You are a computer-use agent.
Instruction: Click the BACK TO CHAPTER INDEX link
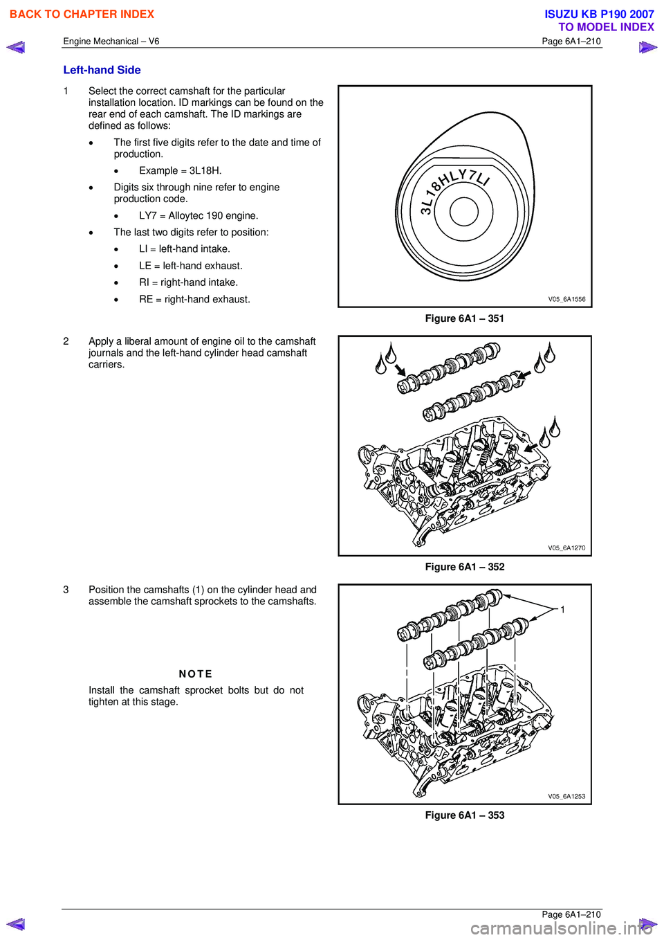[82, 15]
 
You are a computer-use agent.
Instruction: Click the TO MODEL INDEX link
[606, 27]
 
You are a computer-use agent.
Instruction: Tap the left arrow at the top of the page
[16, 48]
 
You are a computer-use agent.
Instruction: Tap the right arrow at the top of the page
[647, 48]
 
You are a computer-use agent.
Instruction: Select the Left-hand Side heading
[102, 70]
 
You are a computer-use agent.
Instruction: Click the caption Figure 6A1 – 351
[464, 318]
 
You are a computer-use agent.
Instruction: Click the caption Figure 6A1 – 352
[464, 567]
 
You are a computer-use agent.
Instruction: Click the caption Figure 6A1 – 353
[464, 815]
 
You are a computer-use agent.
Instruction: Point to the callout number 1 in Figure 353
[562, 610]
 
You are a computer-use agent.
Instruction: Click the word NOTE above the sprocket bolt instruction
[196, 674]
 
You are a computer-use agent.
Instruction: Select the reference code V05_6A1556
[566, 300]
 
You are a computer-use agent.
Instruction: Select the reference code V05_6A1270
[566, 548]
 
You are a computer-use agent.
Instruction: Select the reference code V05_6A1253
[566, 797]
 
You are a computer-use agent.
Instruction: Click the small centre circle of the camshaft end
[463, 212]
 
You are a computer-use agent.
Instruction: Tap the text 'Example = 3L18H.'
[180, 171]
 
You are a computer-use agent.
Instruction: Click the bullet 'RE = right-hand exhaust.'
[194, 300]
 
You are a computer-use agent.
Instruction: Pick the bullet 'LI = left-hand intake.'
[184, 249]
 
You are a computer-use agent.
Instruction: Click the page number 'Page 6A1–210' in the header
[571, 42]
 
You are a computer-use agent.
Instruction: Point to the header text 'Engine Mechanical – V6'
[111, 42]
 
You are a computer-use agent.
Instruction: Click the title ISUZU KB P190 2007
[599, 15]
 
